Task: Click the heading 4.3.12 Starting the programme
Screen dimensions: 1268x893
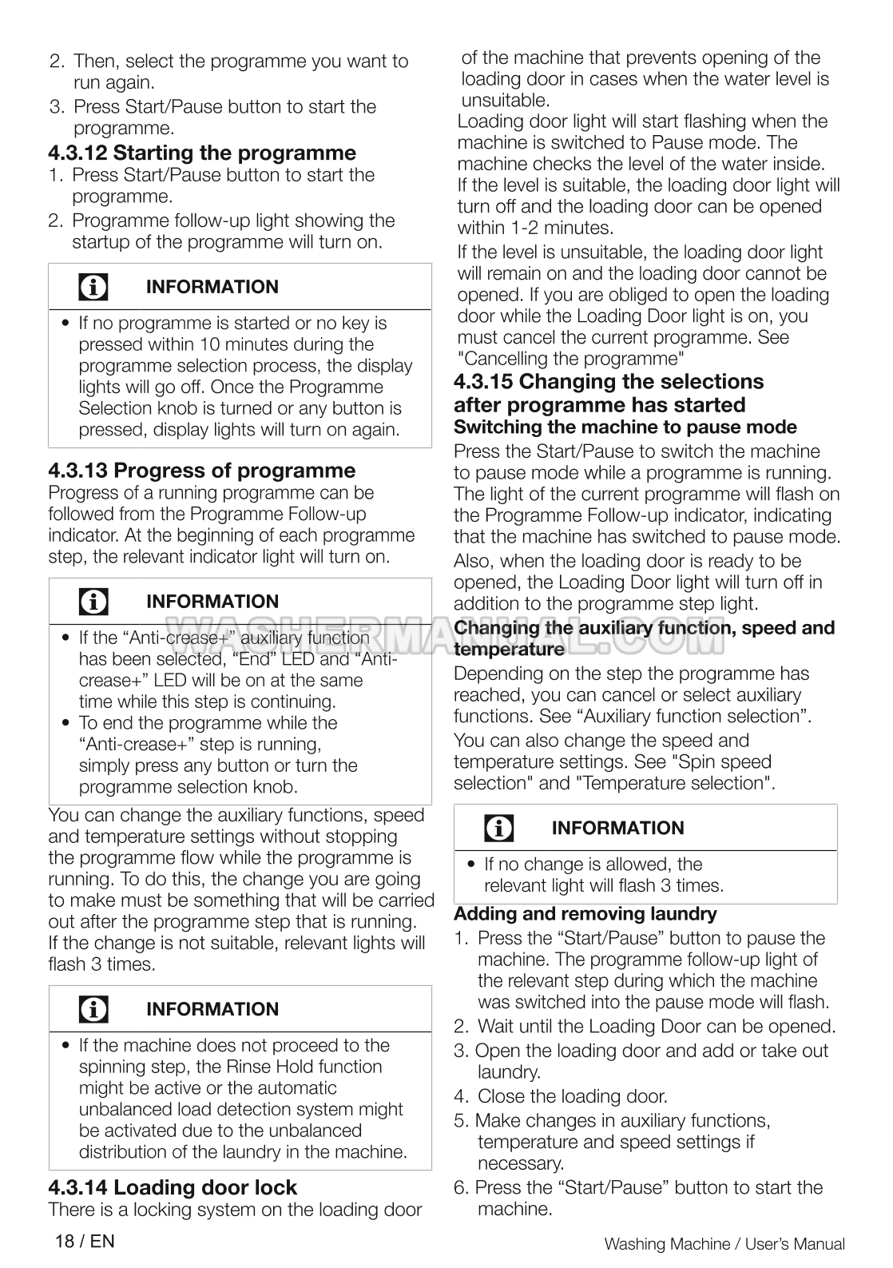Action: pos(202,153)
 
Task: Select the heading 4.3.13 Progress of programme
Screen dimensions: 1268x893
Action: pos(202,470)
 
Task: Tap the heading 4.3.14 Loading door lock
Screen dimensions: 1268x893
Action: pos(173,1187)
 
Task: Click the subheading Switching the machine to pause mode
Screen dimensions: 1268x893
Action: pos(625,427)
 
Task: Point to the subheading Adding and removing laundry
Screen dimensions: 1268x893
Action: pos(585,913)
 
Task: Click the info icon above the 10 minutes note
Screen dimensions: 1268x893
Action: pos(93,287)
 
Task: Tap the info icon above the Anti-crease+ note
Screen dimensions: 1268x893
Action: pos(93,602)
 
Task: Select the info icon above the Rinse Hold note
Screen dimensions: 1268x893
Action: pos(93,1009)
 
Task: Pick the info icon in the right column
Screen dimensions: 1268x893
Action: pos(499,828)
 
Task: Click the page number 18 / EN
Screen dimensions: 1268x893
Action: pos(85,1241)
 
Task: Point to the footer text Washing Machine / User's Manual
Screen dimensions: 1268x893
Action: pos(724,1243)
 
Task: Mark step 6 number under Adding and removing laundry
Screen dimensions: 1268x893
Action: pos(461,1187)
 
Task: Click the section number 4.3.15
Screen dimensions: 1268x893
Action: pos(484,381)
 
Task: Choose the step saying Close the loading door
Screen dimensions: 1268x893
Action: pos(572,1096)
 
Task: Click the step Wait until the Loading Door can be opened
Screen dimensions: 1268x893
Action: pos(656,1026)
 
